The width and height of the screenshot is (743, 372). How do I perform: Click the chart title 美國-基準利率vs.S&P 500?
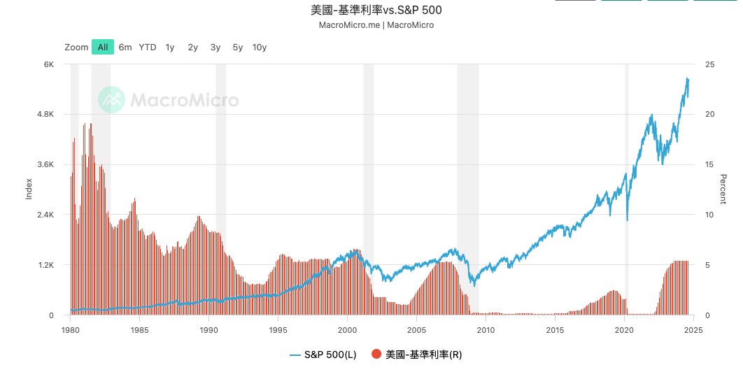pyautogui.click(x=376, y=10)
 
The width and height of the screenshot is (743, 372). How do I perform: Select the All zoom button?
pyautogui.click(x=103, y=48)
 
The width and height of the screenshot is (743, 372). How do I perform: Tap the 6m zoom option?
pyautogui.click(x=125, y=48)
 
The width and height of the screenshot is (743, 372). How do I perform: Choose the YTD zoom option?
pyautogui.click(x=148, y=48)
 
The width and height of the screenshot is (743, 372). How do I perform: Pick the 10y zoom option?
pyautogui.click(x=260, y=48)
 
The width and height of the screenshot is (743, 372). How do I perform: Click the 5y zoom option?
pyautogui.click(x=238, y=48)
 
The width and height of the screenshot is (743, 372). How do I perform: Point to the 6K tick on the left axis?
pyautogui.click(x=49, y=64)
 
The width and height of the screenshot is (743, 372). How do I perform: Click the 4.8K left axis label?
pyautogui.click(x=45, y=115)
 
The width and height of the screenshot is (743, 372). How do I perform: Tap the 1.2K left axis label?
pyautogui.click(x=45, y=266)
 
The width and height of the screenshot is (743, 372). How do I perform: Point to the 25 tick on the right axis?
pyautogui.click(x=710, y=64)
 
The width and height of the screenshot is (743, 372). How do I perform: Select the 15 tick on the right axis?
pyautogui.click(x=709, y=165)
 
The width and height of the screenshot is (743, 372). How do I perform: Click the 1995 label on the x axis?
pyautogui.click(x=278, y=329)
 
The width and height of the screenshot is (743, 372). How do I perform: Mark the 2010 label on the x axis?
pyautogui.click(x=486, y=329)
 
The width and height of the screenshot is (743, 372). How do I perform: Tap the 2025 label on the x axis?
pyautogui.click(x=693, y=329)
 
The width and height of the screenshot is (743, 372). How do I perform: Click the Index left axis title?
pyautogui.click(x=29, y=189)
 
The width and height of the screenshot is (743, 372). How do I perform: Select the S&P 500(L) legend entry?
pyautogui.click(x=323, y=355)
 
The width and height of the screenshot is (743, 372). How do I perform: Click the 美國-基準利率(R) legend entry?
pyautogui.click(x=417, y=355)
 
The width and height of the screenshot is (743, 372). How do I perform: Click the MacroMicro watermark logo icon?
pyautogui.click(x=111, y=100)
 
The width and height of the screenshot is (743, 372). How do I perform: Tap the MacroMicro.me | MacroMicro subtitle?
pyautogui.click(x=376, y=25)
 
